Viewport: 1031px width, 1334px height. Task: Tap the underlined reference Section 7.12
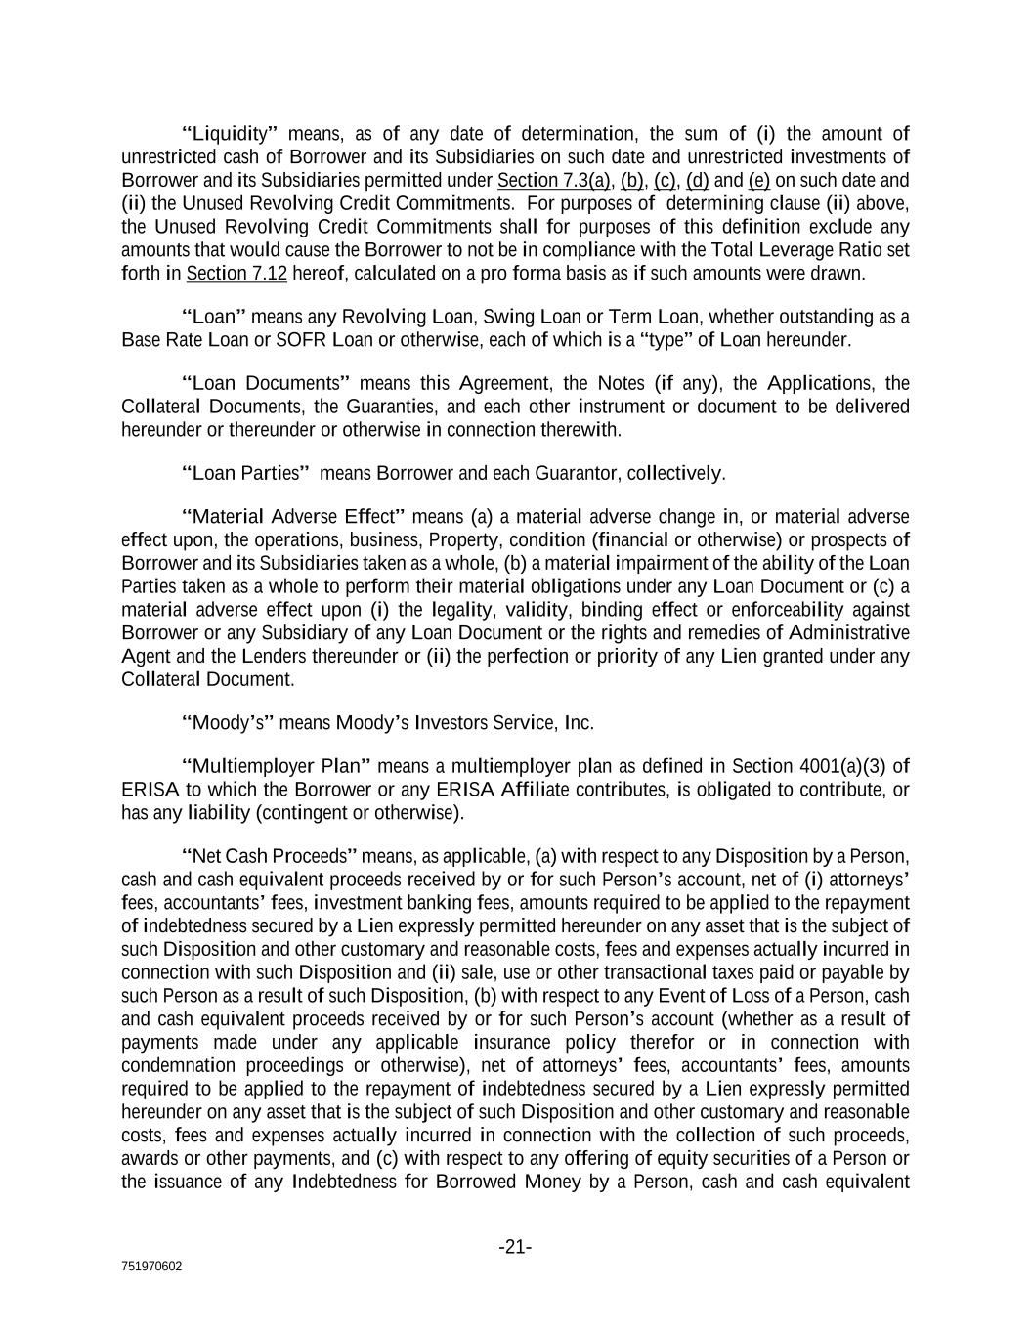(x=236, y=274)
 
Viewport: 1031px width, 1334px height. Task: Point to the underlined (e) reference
(x=759, y=181)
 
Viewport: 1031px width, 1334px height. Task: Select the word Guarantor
(x=576, y=474)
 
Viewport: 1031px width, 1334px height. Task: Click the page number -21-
(x=515, y=1247)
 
